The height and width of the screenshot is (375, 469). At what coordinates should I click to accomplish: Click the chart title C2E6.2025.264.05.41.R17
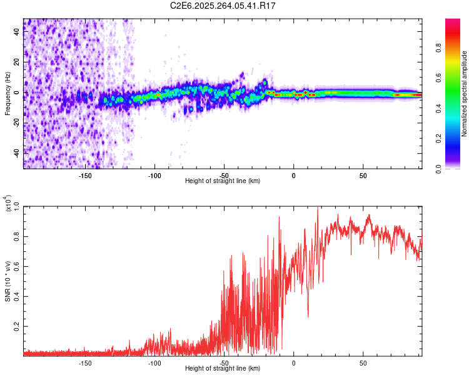pyautogui.click(x=223, y=6)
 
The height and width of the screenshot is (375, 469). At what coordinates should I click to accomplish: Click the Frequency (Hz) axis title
pyautogui.click(x=8, y=94)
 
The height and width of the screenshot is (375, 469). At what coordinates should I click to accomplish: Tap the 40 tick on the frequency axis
pyautogui.click(x=16, y=32)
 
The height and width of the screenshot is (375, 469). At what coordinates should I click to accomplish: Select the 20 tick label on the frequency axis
pyautogui.click(x=16, y=62)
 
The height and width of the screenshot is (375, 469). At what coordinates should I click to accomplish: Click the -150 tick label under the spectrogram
pyautogui.click(x=85, y=175)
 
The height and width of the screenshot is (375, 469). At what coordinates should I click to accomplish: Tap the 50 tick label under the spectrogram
pyautogui.click(x=363, y=175)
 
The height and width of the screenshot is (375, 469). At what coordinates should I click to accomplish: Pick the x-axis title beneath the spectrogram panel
pyautogui.click(x=223, y=181)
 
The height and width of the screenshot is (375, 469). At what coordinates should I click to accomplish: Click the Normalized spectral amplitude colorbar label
pyautogui.click(x=465, y=94)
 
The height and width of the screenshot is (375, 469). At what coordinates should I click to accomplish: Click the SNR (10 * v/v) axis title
pyautogui.click(x=8, y=281)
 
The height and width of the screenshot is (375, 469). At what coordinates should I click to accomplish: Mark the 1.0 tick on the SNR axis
pyautogui.click(x=16, y=206)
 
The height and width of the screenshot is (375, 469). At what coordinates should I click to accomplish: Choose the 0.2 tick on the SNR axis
pyautogui.click(x=16, y=327)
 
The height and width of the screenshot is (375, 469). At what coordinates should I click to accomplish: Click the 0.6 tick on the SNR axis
pyautogui.click(x=16, y=267)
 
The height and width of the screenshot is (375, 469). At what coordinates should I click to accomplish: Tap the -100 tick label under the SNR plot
pyautogui.click(x=154, y=362)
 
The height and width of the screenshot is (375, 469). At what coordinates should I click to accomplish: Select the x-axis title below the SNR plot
pyautogui.click(x=223, y=369)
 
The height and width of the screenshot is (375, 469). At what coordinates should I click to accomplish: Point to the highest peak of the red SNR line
pyautogui.click(x=318, y=208)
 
